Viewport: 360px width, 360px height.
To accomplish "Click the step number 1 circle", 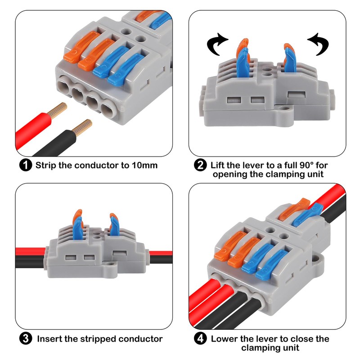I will pyautogui.click(x=26, y=165).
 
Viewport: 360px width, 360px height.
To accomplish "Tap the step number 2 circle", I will pyautogui.click(x=200, y=165).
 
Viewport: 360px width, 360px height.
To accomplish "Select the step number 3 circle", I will pyautogui.click(x=26, y=338).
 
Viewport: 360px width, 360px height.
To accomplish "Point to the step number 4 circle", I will pyautogui.click(x=200, y=338).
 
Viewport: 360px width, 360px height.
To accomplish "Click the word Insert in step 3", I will pyautogui.click(x=50, y=338).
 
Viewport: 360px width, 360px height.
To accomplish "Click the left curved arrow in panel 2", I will pyautogui.click(x=217, y=44).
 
